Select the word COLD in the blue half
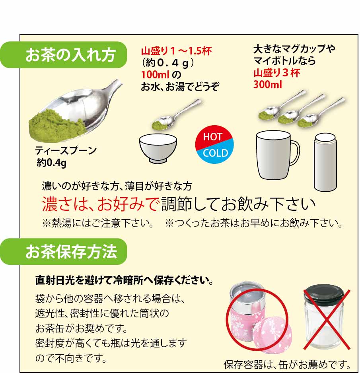click(215, 153)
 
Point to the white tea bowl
click(158, 147)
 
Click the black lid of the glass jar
click(324, 293)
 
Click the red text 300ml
click(267, 85)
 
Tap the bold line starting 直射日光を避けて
click(124, 281)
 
